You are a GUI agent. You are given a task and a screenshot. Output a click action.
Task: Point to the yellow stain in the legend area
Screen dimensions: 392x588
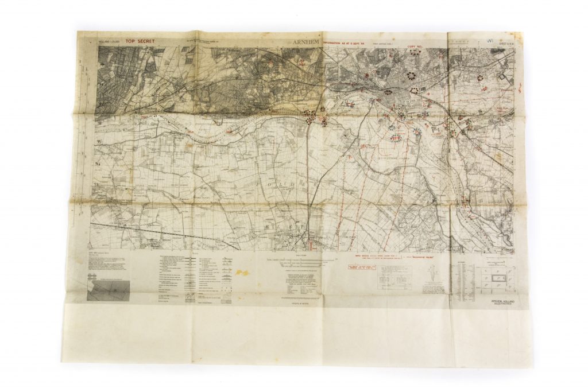click(242, 272)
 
